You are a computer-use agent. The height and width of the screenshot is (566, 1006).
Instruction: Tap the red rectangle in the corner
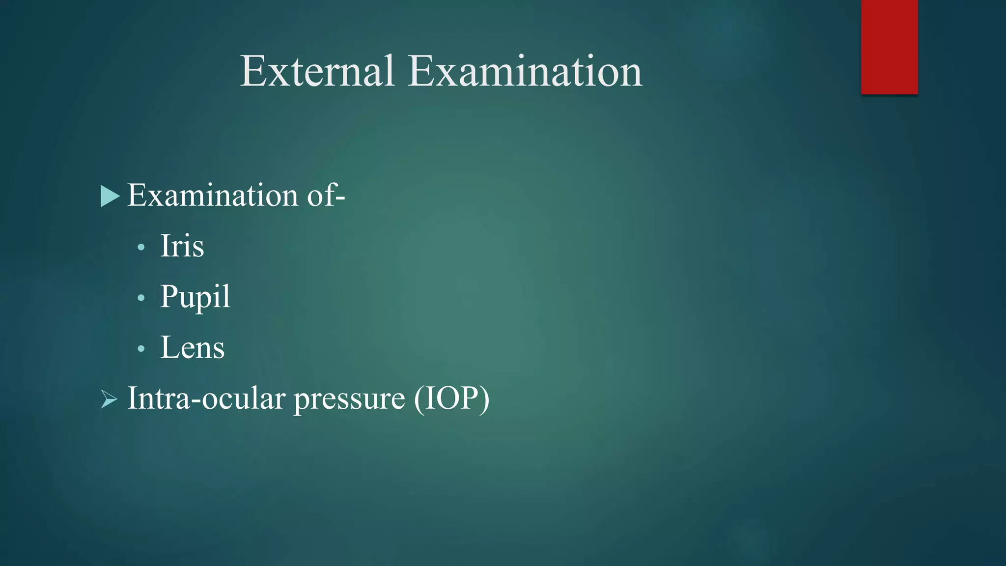click(x=889, y=47)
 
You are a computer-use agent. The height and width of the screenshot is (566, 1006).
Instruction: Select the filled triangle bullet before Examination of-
click(x=110, y=196)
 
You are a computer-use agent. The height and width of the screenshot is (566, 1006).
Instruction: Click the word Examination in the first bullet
click(x=213, y=195)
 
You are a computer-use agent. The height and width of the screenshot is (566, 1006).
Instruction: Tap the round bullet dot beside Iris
click(x=141, y=247)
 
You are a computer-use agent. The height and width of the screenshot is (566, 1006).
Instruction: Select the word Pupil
click(x=195, y=297)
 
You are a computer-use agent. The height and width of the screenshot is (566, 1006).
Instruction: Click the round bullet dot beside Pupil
click(x=141, y=298)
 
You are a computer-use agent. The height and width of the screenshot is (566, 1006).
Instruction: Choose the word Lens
click(x=192, y=347)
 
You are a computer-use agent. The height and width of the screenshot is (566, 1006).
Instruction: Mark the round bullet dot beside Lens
click(x=141, y=349)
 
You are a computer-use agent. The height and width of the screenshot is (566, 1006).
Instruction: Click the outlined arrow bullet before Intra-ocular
click(x=109, y=399)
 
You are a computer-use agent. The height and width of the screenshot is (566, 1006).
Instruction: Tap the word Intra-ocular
click(x=206, y=398)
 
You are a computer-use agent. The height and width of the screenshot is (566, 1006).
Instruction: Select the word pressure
click(x=349, y=399)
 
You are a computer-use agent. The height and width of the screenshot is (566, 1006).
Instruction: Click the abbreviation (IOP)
click(x=451, y=398)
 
